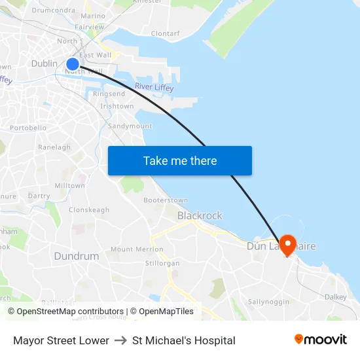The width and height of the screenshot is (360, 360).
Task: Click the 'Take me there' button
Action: coord(180,161)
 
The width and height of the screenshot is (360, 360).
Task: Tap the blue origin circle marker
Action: coord(73,63)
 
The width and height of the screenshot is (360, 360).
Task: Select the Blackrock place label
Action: coord(200,215)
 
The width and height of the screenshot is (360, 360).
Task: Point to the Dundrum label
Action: coord(77,256)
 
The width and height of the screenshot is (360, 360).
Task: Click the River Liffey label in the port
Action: coord(153,86)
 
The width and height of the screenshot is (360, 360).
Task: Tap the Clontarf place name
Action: coord(165,33)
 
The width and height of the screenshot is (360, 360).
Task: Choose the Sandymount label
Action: coord(130,126)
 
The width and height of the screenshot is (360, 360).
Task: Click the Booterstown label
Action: coord(166,200)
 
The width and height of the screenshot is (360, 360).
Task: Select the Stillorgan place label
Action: coord(162,263)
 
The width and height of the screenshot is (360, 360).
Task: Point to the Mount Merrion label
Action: coord(137,249)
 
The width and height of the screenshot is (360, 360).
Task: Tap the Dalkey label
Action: coord(336,297)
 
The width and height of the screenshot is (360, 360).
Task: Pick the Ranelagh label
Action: coord(54,147)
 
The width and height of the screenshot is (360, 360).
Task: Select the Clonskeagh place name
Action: coord(89,210)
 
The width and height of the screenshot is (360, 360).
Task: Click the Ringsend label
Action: coord(109,94)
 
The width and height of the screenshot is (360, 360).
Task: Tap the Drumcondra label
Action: coord(53,10)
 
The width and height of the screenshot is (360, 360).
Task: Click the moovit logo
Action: coord(320,340)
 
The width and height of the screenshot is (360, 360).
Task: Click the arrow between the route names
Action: coord(120,340)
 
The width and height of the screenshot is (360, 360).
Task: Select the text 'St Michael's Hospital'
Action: coord(184,340)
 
